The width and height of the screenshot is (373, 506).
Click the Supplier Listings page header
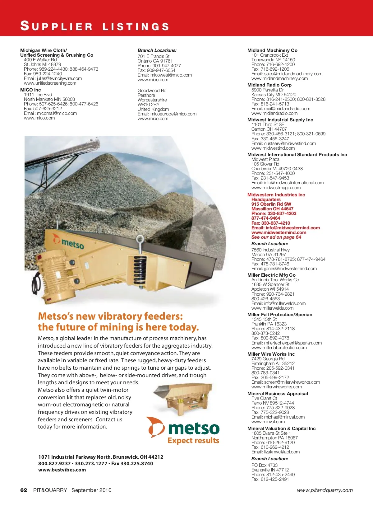point(95,26)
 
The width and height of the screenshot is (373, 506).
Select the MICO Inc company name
point(30,90)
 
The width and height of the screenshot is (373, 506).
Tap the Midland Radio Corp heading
point(269,85)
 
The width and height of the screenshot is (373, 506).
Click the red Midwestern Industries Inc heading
point(276,195)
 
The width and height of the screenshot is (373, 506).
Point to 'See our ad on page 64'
point(276,237)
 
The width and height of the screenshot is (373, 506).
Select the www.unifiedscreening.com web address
point(50,83)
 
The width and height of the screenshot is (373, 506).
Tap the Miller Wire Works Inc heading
point(271,354)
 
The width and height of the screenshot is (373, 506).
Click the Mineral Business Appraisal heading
point(278,394)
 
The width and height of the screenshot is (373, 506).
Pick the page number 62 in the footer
point(24,490)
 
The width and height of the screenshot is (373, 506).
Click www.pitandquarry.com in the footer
point(325,490)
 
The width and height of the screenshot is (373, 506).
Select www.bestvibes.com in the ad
point(62,470)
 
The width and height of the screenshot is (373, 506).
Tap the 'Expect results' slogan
point(193,441)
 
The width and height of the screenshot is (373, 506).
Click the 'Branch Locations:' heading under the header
point(157,50)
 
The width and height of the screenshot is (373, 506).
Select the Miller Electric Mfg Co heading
point(271,275)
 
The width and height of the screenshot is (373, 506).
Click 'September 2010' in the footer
point(91,490)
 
